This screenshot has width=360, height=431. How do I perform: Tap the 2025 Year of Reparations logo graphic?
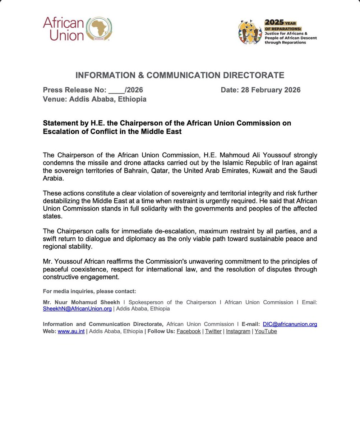pyautogui.click(x=250, y=32)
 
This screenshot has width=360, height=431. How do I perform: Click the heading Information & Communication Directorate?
pyautogui.click(x=180, y=75)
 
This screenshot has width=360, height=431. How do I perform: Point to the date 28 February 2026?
pyautogui.click(x=271, y=90)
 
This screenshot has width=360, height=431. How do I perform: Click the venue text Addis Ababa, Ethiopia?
pyautogui.click(x=107, y=99)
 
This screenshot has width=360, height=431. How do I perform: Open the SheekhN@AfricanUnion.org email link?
pyautogui.click(x=77, y=309)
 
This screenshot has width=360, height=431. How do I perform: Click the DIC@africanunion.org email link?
pyautogui.click(x=290, y=324)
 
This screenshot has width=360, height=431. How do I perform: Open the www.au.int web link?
pyautogui.click(x=71, y=331)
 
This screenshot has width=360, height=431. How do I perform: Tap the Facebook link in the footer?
pyautogui.click(x=189, y=331)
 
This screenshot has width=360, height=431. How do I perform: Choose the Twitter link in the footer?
pyautogui.click(x=213, y=331)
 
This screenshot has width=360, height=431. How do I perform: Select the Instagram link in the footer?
pyautogui.click(x=238, y=331)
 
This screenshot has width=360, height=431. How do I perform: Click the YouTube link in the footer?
pyautogui.click(x=266, y=331)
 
